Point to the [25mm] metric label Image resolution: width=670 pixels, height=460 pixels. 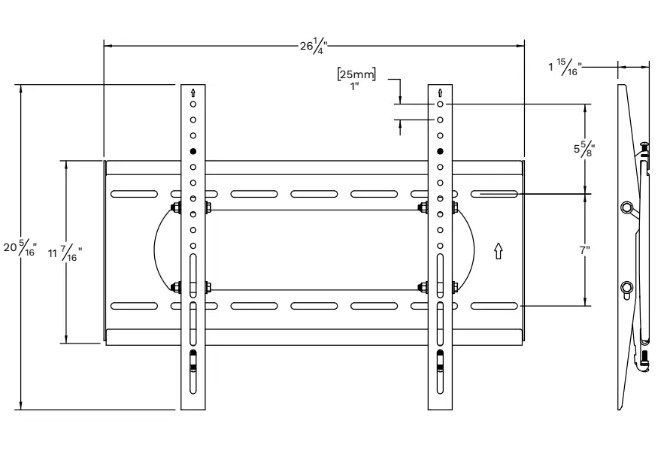click(x=357, y=74)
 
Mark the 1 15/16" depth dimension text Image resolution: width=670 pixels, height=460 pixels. click(x=564, y=68)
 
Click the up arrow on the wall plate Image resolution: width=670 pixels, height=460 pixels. click(x=497, y=250)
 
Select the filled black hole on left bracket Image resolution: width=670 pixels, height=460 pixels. click(x=193, y=152)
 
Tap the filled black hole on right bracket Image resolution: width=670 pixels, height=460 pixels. click(x=440, y=152)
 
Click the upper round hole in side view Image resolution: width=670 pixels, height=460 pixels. click(x=627, y=207)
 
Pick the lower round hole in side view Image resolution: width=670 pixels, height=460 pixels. click(x=627, y=287)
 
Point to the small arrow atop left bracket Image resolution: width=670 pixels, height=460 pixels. click(x=193, y=92)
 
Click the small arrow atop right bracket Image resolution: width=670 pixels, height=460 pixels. click(x=440, y=92)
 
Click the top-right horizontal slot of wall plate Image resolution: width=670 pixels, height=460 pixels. click(x=494, y=194)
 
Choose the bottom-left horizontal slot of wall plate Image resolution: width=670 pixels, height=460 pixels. click(x=134, y=306)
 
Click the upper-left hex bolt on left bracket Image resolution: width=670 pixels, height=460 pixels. click(x=176, y=207)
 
